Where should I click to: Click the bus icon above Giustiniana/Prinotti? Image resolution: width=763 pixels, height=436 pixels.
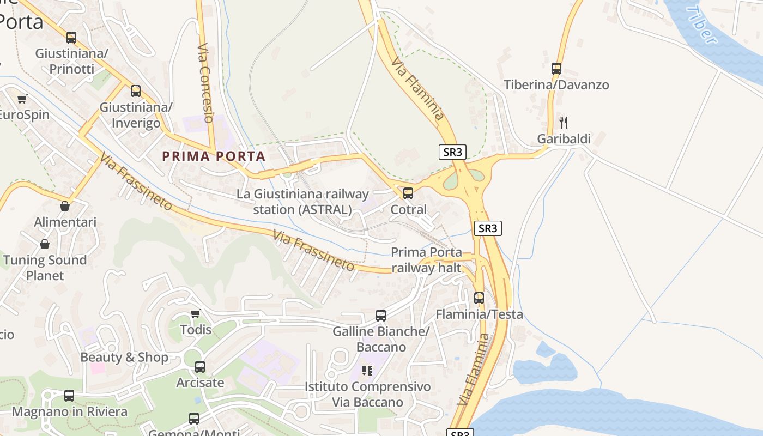click(71, 38)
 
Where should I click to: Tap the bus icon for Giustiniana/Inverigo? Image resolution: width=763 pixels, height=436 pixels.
click(136, 91)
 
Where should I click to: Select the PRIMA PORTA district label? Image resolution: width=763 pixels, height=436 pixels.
click(214, 156)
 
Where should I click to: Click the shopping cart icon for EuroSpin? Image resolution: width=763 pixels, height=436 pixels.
click(22, 99)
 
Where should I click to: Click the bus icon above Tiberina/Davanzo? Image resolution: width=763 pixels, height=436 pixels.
click(556, 69)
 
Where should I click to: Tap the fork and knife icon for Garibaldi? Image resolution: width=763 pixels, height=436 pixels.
click(564, 123)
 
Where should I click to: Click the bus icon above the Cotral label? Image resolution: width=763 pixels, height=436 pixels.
click(408, 193)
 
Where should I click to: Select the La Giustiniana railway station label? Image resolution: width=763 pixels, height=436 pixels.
click(302, 202)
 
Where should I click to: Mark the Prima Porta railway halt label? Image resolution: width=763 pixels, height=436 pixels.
click(426, 260)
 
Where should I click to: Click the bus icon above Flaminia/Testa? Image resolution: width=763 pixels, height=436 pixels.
click(479, 298)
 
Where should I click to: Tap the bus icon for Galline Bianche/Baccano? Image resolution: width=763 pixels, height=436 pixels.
click(381, 315)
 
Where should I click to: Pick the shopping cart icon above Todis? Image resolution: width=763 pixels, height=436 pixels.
click(196, 313)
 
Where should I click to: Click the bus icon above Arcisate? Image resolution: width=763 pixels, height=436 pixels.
click(200, 367)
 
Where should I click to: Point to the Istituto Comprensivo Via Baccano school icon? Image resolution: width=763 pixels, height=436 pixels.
click(367, 371)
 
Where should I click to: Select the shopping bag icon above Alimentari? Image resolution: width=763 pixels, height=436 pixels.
click(65, 206)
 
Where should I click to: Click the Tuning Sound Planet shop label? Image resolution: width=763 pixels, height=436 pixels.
click(45, 268)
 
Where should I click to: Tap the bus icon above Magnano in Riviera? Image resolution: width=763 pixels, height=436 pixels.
click(69, 396)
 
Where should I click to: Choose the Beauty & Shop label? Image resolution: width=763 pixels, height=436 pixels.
click(124, 358)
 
